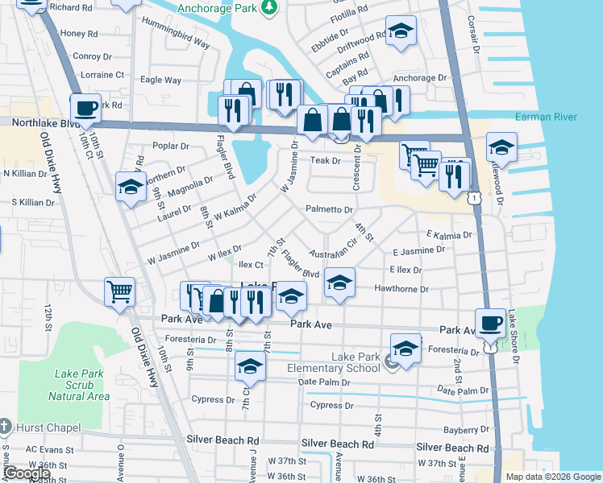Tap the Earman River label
coord(546,118)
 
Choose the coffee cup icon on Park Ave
coord(489,323)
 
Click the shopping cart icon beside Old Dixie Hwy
coord(119,291)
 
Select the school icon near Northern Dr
coord(130,187)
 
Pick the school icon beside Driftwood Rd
coord(400,31)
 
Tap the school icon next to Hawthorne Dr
coord(339,283)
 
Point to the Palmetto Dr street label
coord(329,209)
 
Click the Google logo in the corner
coord(27,473)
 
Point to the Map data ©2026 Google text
coord(551,477)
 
